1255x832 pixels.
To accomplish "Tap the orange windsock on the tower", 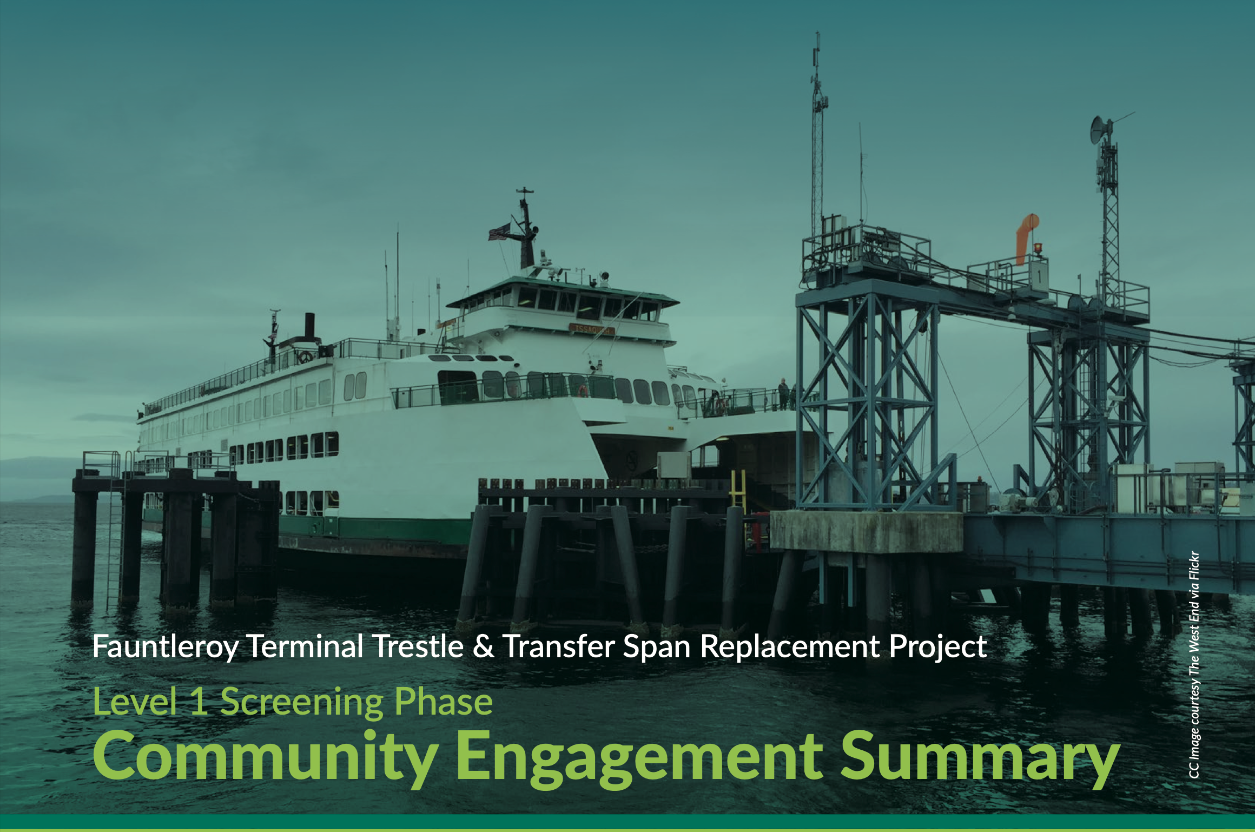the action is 1026,238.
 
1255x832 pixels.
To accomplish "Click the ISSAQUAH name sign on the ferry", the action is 592,329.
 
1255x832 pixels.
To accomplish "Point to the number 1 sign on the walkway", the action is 1038,276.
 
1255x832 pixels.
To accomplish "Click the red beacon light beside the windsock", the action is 1038,248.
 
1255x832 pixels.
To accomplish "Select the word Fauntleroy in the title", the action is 166,647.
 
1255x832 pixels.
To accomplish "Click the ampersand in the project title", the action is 483,646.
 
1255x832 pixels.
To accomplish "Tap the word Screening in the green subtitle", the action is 301,702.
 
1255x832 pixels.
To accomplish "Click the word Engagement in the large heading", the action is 639,757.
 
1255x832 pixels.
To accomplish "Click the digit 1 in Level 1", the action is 199,701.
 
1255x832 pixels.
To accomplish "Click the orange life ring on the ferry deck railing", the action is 583,390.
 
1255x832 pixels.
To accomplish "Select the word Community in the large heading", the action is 266,757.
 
